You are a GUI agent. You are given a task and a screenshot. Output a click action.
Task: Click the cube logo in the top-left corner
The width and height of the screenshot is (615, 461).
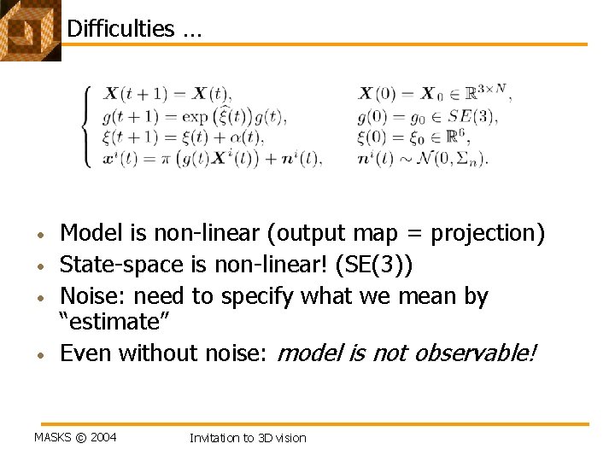[27, 30]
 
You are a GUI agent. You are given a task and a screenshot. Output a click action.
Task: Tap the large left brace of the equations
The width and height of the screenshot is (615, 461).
[86, 125]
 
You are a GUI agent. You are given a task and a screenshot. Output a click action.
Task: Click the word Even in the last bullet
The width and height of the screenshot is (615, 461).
[85, 353]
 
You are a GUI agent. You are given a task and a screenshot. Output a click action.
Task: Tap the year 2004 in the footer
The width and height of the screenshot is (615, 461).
[103, 438]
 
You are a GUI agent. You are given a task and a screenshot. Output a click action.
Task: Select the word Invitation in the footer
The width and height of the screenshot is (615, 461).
[214, 438]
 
